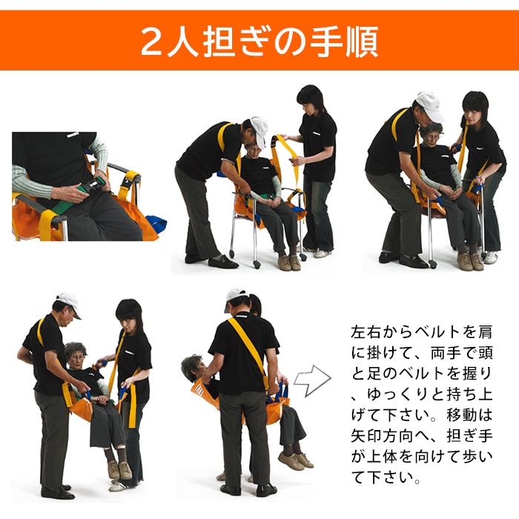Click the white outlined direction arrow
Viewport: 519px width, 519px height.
(312, 380)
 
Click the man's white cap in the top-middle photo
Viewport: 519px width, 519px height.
(259, 128)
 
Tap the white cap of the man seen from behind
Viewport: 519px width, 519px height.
(237, 297)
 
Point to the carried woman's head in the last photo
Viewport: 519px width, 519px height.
(191, 368)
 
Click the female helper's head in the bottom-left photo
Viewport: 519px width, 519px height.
(129, 314)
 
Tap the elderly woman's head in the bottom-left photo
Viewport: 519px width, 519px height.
(75, 354)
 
